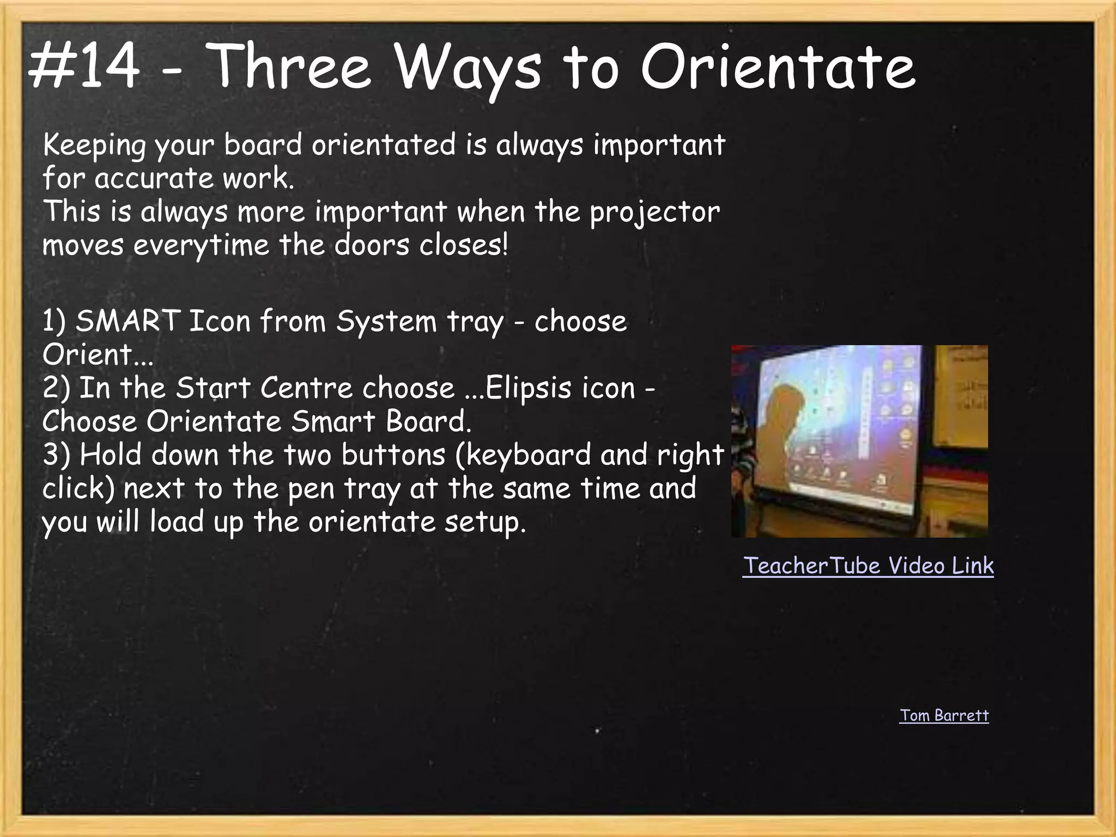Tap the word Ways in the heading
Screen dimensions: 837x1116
[469, 68]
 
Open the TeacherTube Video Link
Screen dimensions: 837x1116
[868, 566]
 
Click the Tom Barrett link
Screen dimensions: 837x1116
[944, 715]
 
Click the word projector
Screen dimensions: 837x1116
[654, 213]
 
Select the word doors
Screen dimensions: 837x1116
[372, 245]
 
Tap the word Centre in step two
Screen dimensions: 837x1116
[306, 389]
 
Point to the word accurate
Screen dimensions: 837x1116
[154, 179]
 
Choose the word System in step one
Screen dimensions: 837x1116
[386, 322]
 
